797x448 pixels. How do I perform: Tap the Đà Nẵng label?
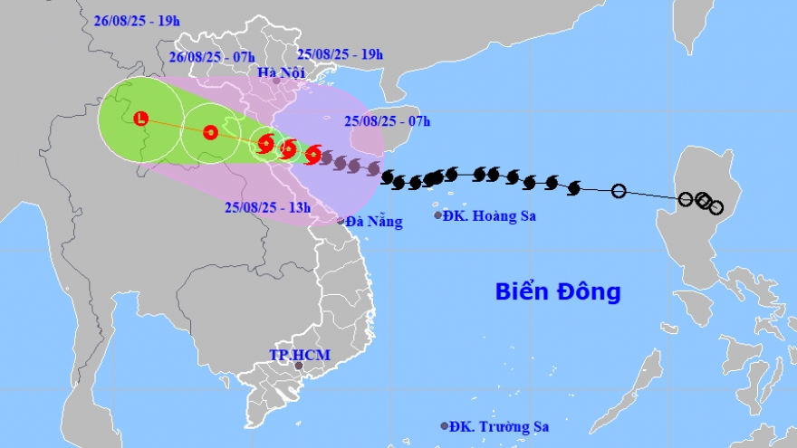coord(374,221)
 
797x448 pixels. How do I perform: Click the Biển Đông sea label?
coord(558,292)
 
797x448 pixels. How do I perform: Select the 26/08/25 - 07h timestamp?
coord(210,56)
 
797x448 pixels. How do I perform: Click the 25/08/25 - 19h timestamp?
coord(341,55)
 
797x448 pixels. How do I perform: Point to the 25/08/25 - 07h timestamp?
coord(388,120)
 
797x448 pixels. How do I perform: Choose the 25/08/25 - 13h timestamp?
coord(268,207)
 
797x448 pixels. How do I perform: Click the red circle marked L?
coord(140,119)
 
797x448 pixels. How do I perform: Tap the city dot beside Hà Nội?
coord(277,81)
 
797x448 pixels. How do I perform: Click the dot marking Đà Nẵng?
coord(341,221)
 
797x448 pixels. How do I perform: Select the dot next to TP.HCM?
coord(300,366)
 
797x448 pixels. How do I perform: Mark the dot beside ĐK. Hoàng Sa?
coord(438,215)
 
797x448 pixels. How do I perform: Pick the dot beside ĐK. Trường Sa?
coord(445,425)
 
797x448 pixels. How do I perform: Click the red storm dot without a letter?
coord(210,132)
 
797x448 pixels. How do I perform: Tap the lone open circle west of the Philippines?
coord(619,191)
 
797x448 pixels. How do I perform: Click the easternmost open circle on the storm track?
coord(716,207)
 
